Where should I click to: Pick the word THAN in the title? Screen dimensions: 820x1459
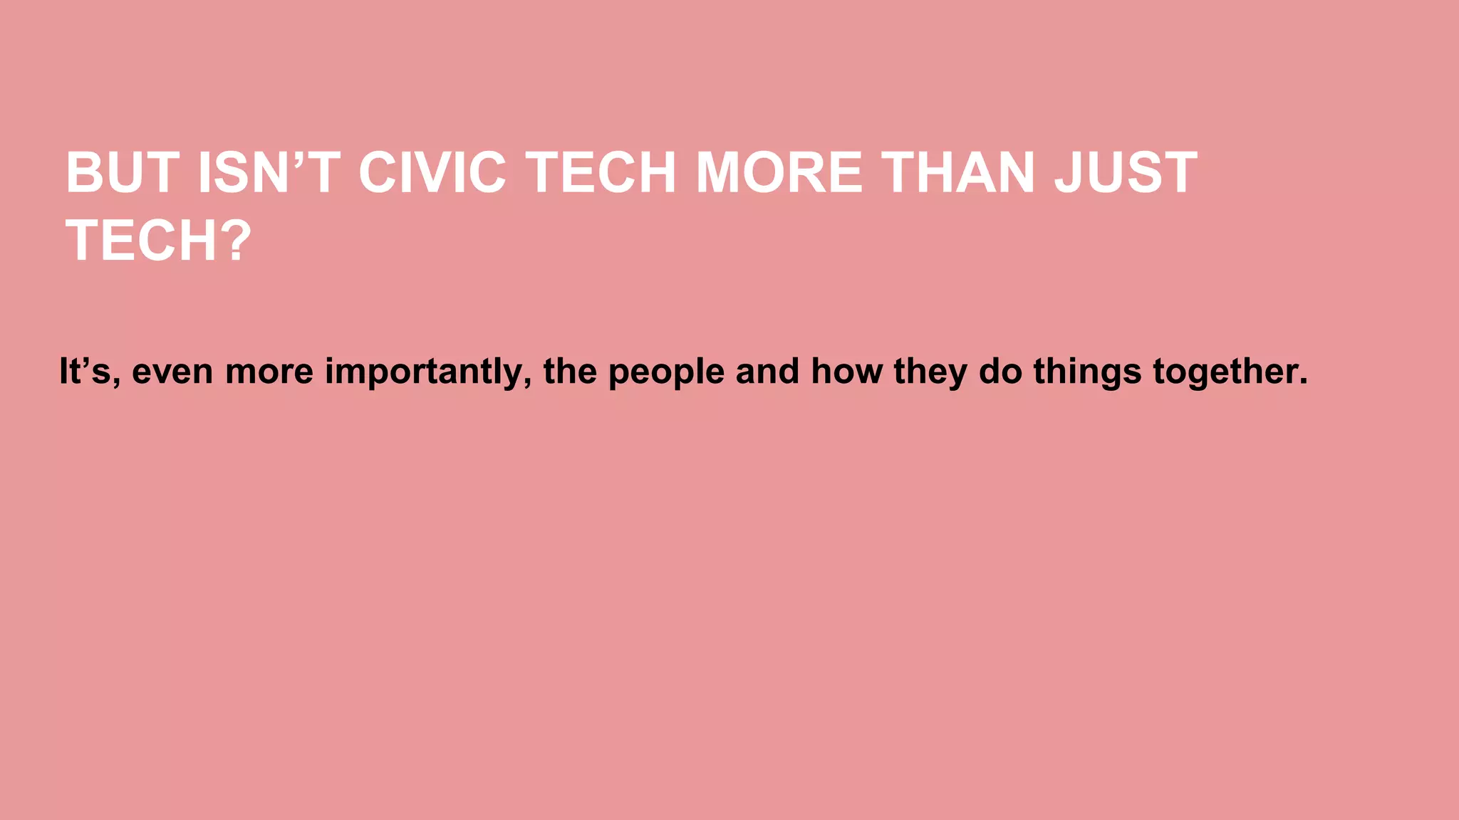[x=958, y=173]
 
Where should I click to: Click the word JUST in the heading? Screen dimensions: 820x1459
[x=1126, y=173]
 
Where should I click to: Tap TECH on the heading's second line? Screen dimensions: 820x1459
[x=141, y=241]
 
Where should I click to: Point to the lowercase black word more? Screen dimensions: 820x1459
[x=269, y=372]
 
